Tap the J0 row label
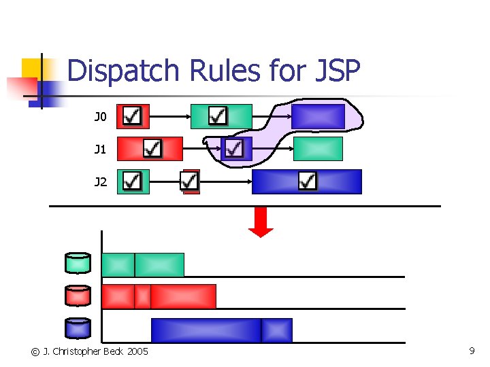point(100,117)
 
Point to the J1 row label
point(100,149)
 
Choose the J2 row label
point(100,181)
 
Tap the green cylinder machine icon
point(78,263)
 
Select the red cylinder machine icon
point(78,296)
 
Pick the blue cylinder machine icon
point(78,328)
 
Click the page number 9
point(472,351)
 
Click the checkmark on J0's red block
point(133,116)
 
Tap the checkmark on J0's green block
point(218,116)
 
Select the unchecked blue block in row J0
point(318,116)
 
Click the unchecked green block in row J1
point(318,148)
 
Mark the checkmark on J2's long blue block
point(308,181)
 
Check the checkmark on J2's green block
point(133,181)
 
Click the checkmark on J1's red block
point(153,148)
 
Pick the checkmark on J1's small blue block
point(235,148)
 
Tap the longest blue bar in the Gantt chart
point(206,330)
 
